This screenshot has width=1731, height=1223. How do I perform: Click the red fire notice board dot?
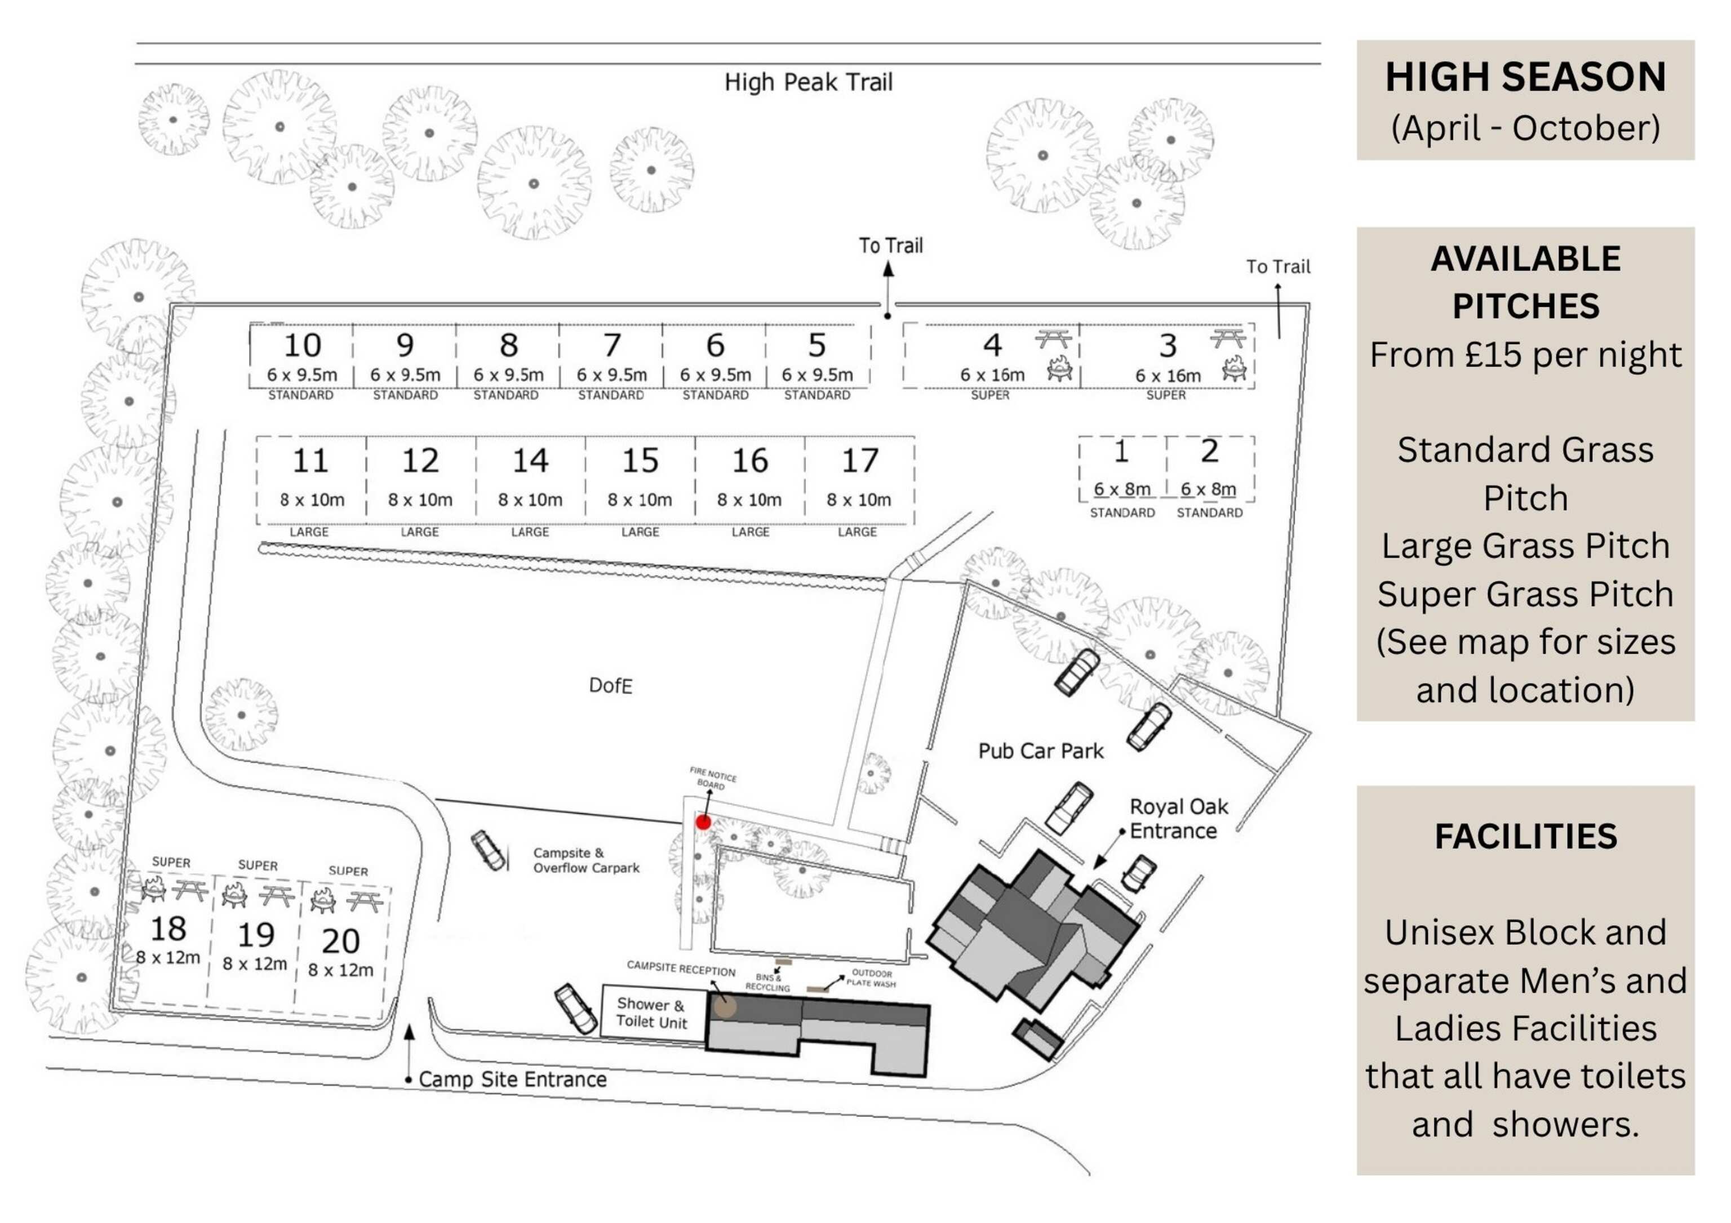pyautogui.click(x=703, y=822)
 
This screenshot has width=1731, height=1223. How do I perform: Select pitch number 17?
pyautogui.click(x=859, y=461)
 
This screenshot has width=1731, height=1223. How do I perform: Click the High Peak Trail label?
pyautogui.click(x=808, y=82)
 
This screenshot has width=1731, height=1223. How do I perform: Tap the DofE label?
pyautogui.click(x=610, y=686)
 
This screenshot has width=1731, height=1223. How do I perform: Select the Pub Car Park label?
pyautogui.click(x=1040, y=751)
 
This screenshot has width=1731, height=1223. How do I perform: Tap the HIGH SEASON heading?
pyautogui.click(x=1525, y=77)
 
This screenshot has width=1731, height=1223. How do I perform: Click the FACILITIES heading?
pyautogui.click(x=1525, y=836)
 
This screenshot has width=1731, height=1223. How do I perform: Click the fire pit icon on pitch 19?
pyautogui.click(x=234, y=896)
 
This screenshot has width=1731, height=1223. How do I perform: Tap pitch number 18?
pyautogui.click(x=168, y=929)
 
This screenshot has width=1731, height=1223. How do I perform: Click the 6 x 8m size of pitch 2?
pyautogui.click(x=1208, y=489)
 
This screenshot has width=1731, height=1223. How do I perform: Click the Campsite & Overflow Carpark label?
pyautogui.click(x=586, y=860)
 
